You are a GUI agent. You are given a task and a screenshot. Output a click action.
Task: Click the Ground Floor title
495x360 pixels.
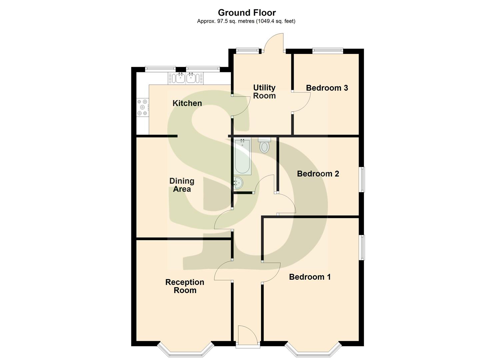click(x=247, y=13)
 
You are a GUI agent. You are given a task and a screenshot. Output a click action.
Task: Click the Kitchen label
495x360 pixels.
click(x=187, y=103)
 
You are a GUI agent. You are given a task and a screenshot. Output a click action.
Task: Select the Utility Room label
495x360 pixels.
click(x=264, y=92)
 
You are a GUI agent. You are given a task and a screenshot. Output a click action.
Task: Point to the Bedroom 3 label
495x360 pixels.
click(x=327, y=88)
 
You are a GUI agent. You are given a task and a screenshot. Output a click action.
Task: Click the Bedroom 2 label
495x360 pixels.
click(x=318, y=174)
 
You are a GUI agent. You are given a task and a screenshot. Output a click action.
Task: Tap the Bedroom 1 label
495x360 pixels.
click(x=310, y=277)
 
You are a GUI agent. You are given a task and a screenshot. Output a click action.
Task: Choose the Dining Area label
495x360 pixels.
click(x=182, y=185)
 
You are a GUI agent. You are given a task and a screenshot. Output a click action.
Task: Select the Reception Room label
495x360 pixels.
click(x=185, y=286)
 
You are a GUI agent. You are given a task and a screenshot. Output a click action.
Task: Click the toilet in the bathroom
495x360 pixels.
click(x=264, y=145)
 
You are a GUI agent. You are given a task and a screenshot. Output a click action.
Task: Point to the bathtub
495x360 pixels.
click(x=243, y=157)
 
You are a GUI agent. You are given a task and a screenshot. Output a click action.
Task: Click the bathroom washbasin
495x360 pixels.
click(x=238, y=183)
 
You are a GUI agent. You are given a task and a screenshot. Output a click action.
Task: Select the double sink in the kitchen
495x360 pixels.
click(x=186, y=78)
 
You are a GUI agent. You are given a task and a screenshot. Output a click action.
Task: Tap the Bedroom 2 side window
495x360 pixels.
click(x=362, y=179)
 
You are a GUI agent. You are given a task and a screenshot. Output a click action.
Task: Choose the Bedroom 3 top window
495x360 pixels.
click(x=328, y=51)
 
